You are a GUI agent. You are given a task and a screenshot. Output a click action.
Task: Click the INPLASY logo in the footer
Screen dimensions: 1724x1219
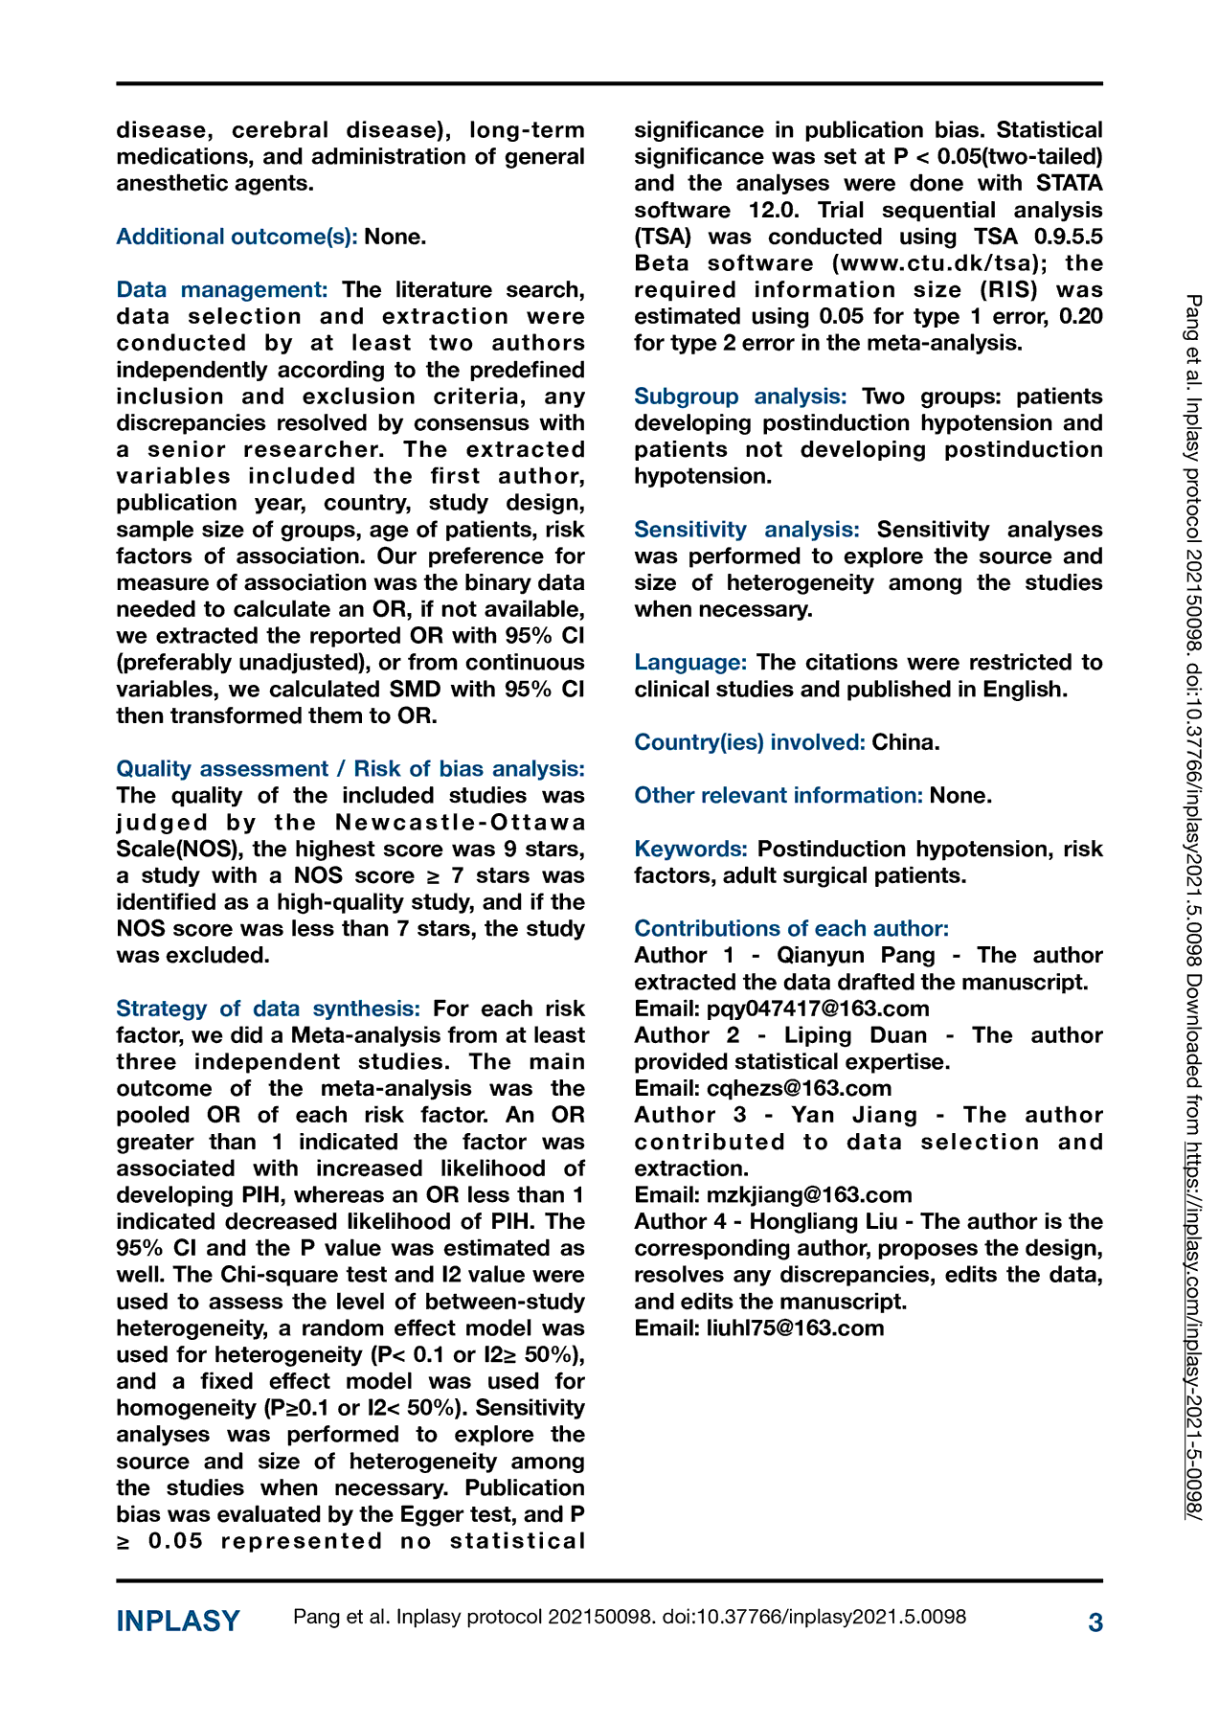click(x=178, y=1622)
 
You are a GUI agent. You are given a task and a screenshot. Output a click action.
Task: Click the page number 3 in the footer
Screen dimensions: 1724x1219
click(x=1095, y=1622)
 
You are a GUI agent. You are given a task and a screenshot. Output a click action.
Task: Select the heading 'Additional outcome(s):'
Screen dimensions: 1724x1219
click(x=237, y=237)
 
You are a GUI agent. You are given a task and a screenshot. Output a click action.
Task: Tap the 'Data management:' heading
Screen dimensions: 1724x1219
click(x=222, y=289)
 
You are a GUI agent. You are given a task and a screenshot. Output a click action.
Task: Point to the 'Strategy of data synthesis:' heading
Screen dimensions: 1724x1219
click(x=268, y=1009)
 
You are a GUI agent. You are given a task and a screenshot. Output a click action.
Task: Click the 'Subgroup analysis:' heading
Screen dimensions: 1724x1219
click(x=740, y=397)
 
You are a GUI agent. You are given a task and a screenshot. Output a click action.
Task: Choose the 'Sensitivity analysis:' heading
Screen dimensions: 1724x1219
click(x=747, y=530)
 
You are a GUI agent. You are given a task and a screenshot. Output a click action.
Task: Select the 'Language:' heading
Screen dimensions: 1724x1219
click(x=690, y=663)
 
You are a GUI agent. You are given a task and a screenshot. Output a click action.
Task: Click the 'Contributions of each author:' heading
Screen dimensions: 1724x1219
click(x=792, y=928)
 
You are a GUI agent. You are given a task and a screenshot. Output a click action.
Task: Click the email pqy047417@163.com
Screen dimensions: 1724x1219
click(x=818, y=1009)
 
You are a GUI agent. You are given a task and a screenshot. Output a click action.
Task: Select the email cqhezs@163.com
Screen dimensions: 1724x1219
click(x=799, y=1088)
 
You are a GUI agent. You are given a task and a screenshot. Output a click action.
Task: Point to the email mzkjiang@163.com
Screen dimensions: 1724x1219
click(x=809, y=1195)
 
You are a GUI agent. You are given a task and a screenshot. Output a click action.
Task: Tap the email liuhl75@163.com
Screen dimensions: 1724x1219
click(x=795, y=1328)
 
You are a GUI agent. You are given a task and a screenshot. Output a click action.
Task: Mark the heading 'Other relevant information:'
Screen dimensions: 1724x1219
click(x=779, y=796)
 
